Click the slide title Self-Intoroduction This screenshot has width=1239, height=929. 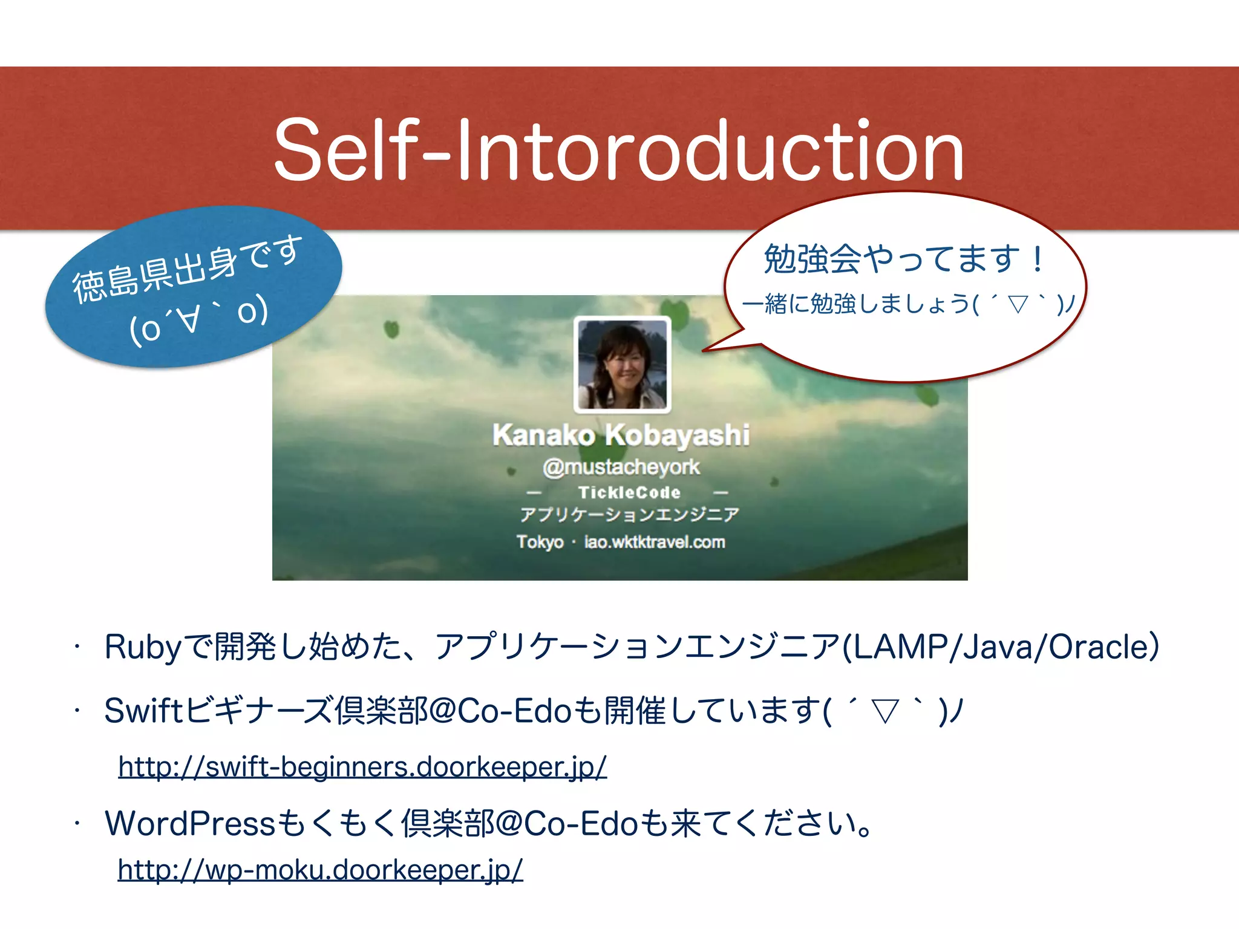[x=618, y=150]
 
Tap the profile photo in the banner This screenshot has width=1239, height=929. [x=623, y=365]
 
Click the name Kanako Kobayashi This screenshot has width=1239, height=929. [x=621, y=435]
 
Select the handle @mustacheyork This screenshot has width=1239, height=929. [x=621, y=467]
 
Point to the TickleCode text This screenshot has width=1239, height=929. [x=629, y=492]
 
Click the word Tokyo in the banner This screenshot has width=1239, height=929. [x=540, y=542]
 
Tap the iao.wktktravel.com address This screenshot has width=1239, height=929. [x=655, y=542]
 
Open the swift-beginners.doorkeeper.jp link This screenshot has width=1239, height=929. [x=362, y=767]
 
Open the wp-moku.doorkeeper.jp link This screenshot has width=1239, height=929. [x=320, y=870]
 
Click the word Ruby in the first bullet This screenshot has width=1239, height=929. [x=143, y=647]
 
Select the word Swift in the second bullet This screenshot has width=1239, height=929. [x=143, y=711]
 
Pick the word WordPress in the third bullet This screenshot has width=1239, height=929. [x=190, y=824]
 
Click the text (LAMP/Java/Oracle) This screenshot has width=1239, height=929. [x=1001, y=647]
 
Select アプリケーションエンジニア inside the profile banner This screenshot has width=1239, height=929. [x=629, y=515]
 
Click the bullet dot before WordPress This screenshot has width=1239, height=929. [x=77, y=824]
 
